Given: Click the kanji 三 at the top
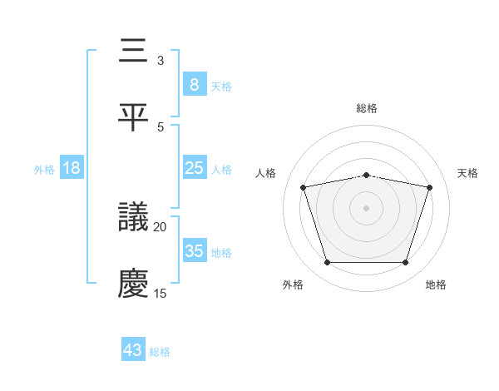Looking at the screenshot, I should (x=134, y=52).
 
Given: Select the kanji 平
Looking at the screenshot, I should (x=134, y=117).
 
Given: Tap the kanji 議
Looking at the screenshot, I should (x=134, y=218).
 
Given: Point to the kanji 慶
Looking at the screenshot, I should (x=134, y=284).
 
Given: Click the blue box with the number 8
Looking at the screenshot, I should (x=194, y=85).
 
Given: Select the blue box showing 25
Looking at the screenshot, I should (x=194, y=168).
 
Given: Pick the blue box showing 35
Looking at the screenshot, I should (x=194, y=251).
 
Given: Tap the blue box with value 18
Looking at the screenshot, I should (x=72, y=168).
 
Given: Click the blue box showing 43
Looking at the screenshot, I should (x=133, y=350).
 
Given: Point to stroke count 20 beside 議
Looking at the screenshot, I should (x=161, y=226).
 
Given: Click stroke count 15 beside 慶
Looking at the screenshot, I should (x=161, y=293).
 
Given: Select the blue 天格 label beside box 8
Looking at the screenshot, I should (x=221, y=86).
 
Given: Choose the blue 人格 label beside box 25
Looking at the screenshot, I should (x=221, y=169).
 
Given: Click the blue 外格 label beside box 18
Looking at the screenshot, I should (x=44, y=169).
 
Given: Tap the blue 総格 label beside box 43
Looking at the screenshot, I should (x=161, y=351).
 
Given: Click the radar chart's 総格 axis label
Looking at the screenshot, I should (x=367, y=108).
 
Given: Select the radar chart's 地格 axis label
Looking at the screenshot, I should (x=436, y=285).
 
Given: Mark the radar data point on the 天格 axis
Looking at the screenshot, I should (x=430, y=187).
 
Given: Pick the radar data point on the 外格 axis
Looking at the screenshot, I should (x=327, y=263).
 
